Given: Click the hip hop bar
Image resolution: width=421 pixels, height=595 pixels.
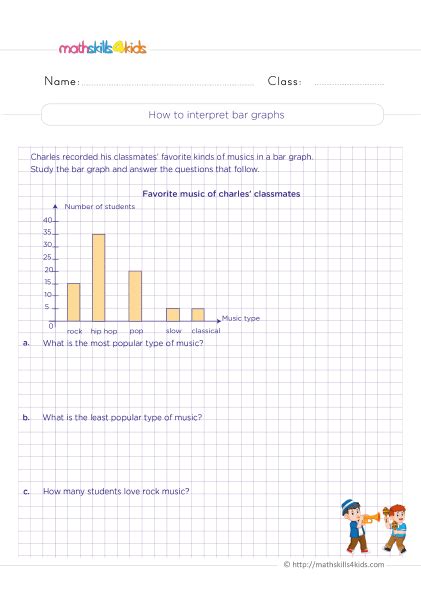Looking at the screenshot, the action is tap(98, 277).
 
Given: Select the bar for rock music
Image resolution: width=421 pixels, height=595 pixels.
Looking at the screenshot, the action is tap(73, 301).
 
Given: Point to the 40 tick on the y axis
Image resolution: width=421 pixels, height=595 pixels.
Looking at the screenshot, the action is tap(48, 220).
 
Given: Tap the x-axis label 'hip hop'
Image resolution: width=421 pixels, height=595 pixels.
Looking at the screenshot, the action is tap(103, 330).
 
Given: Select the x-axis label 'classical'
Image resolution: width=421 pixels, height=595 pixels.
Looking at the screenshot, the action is tap(205, 330).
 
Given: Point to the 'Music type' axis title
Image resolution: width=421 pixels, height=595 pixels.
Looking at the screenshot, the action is tap(240, 318).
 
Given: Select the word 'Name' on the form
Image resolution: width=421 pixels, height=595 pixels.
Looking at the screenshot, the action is tap(62, 81).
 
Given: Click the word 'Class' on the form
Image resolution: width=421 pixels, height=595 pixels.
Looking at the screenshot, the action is tap(284, 81).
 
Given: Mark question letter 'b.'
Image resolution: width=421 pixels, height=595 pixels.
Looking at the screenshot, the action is tap(24, 416).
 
